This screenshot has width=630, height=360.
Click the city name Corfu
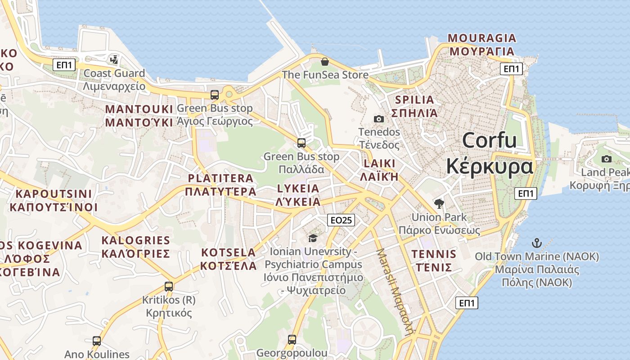(x=490, y=140)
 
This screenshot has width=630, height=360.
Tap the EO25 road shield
(x=341, y=220)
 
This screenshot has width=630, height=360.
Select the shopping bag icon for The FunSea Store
(x=324, y=62)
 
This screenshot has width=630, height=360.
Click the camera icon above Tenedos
(x=379, y=119)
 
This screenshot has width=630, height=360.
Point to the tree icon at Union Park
(x=439, y=203)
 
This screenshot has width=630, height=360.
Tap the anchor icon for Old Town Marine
(x=536, y=243)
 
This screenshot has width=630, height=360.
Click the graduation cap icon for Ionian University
(x=313, y=238)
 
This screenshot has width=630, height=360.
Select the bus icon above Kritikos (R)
(x=169, y=286)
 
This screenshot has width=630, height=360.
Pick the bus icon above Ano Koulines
(x=97, y=341)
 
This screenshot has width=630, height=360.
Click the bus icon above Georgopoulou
(x=292, y=339)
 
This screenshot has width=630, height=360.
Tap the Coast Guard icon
(x=114, y=59)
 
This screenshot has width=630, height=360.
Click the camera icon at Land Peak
(x=607, y=159)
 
